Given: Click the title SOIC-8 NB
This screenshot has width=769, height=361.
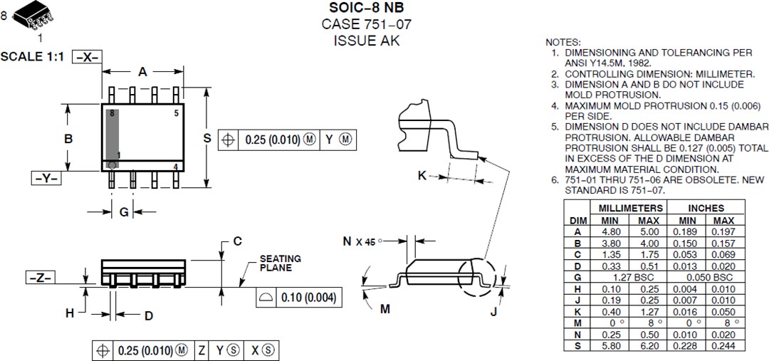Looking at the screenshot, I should [x=366, y=8].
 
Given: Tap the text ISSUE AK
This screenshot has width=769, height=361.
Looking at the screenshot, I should [x=366, y=41].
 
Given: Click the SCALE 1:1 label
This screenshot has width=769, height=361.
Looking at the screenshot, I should [x=32, y=57].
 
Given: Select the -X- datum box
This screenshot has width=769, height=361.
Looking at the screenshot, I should [x=87, y=58].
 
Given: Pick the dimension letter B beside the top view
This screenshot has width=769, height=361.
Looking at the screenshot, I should [x=68, y=139].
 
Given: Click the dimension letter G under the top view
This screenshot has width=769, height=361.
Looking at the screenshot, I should [x=123, y=212].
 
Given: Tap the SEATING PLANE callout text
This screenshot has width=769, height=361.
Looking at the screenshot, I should [x=280, y=263].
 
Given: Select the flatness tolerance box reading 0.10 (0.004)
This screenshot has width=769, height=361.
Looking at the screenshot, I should [x=295, y=297].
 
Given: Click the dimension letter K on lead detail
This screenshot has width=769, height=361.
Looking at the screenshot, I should [x=422, y=175].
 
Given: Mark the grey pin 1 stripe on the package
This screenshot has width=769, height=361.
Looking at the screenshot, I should [x=112, y=139].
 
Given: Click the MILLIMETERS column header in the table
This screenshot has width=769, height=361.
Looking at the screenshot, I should [x=631, y=208].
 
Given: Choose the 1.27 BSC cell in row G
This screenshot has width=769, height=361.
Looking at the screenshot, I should [x=631, y=276].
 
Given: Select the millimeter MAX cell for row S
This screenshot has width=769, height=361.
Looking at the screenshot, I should [x=649, y=345].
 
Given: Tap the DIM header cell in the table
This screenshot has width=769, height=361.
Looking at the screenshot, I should [x=577, y=220].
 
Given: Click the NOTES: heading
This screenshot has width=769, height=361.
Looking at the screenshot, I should [x=563, y=43].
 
